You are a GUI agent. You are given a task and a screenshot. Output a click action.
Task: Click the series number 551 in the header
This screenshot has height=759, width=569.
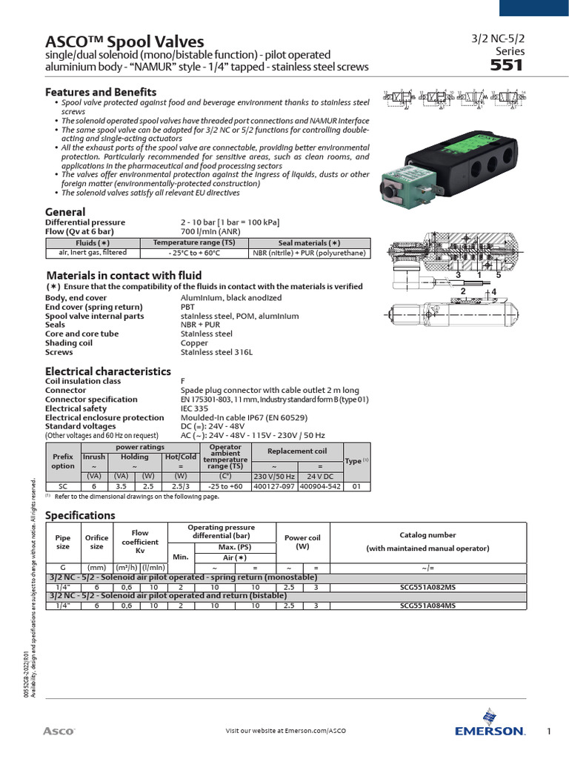click(x=508, y=65)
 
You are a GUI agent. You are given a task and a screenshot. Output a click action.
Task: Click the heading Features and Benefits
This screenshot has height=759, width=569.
click(x=101, y=92)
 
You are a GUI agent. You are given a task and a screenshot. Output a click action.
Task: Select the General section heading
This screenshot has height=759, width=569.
click(x=65, y=212)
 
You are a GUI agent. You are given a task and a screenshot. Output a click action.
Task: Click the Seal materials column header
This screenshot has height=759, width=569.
click(x=309, y=242)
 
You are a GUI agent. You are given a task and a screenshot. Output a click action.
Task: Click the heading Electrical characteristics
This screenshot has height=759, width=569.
click(x=108, y=371)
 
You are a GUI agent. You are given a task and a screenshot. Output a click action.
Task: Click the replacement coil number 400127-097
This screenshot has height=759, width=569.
click(x=274, y=486)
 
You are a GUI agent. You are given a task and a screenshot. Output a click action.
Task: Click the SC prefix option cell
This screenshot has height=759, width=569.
click(x=63, y=486)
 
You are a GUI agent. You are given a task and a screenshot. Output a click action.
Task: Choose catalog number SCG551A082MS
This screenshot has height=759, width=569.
click(x=427, y=586)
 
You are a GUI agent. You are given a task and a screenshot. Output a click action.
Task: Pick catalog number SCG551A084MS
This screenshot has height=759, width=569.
click(x=427, y=605)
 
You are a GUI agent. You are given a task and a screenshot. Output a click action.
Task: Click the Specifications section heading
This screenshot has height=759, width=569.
click(x=81, y=515)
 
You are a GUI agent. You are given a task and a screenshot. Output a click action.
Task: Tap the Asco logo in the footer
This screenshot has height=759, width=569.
click(x=59, y=731)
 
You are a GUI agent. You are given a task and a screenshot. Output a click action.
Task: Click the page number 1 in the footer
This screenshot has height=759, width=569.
click(x=549, y=732)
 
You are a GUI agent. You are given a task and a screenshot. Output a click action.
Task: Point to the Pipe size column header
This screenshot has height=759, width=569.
click(x=63, y=543)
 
